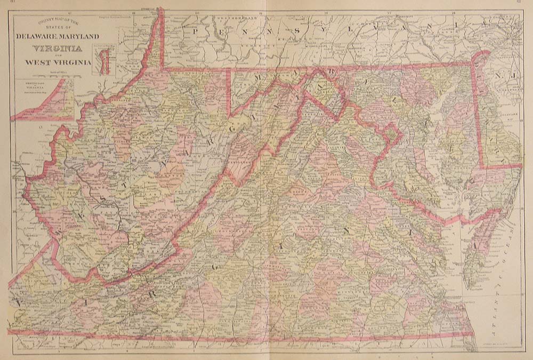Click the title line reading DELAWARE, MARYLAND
[58, 36]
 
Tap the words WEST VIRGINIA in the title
[58, 62]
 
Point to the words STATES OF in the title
[58, 28]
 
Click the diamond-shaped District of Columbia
[392, 133]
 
